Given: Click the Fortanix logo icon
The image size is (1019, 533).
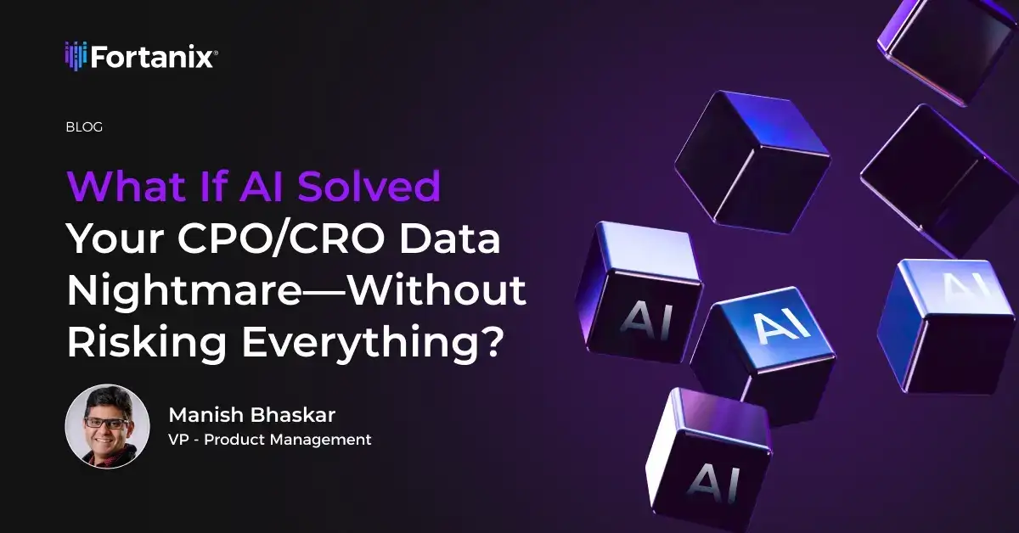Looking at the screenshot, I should pyautogui.click(x=76, y=56).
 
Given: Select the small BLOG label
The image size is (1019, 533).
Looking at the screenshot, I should pyautogui.click(x=84, y=127).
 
